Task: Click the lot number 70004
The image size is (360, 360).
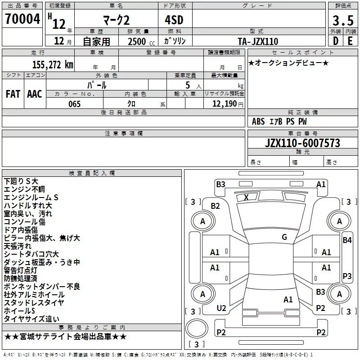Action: pyautogui.click(x=22, y=19)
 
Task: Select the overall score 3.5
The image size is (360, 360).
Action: pyautogui.click(x=342, y=20)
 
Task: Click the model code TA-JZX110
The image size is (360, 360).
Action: pyautogui.click(x=258, y=41)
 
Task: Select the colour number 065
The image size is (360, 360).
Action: pyautogui.click(x=74, y=104)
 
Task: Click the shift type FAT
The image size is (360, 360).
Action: pyautogui.click(x=13, y=94)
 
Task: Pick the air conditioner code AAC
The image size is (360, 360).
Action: pyautogui.click(x=35, y=94)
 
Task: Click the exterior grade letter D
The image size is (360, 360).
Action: pyautogui.click(x=335, y=41)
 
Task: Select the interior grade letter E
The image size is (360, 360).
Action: pyautogui.click(x=350, y=41)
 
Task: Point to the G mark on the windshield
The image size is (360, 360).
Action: pyautogui.click(x=284, y=237)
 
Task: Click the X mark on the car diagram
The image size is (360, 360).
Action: pyautogui.click(x=246, y=197)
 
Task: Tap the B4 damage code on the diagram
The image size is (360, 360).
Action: pyautogui.click(x=347, y=240)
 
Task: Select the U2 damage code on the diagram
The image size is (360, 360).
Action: pyautogui.click(x=221, y=308)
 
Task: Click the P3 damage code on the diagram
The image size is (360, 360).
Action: pyautogui.click(x=347, y=276)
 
